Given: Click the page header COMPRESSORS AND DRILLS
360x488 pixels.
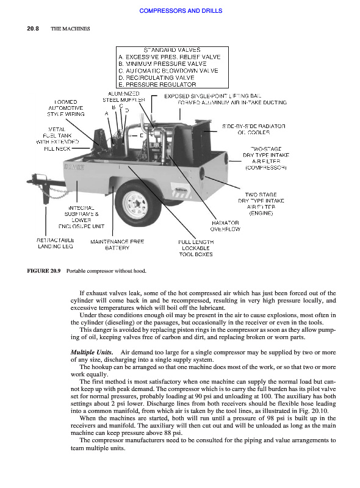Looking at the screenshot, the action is [181, 10].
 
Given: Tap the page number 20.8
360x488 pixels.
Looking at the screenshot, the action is [33, 29].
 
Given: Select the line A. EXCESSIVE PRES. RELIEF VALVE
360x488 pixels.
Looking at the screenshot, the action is [170, 57].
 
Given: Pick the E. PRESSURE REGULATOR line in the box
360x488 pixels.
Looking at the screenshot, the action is [157, 84].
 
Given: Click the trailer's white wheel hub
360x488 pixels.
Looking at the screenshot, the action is [135, 204].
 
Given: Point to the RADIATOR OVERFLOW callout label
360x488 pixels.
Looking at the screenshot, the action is [225, 226].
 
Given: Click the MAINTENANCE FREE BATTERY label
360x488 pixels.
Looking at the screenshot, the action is [117, 245].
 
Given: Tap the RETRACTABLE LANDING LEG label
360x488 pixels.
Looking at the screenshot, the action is [56, 243].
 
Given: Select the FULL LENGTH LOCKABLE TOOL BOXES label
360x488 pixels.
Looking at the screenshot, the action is [196, 248].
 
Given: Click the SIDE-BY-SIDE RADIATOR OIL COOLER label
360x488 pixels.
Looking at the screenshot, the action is [253, 129].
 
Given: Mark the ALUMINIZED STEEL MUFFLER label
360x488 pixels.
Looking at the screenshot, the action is [124, 97].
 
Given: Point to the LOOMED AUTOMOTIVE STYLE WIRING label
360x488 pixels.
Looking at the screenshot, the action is [66, 108].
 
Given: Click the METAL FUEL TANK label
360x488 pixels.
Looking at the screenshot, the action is [57, 139].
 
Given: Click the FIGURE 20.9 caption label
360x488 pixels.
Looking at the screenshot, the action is [44, 271].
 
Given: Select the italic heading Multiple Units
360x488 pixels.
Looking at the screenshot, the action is [92, 353].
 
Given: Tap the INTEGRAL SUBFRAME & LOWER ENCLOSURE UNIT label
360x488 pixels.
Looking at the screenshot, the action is [81, 217].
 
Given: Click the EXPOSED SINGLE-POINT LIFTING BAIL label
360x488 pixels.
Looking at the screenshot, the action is [213, 96].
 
